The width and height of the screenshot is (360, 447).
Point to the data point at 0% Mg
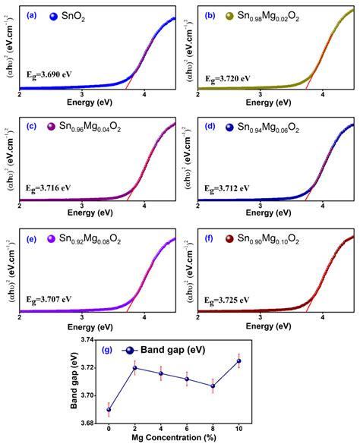pyautogui.click(x=109, y=410)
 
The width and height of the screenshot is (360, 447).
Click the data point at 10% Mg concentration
pyautogui.click(x=239, y=360)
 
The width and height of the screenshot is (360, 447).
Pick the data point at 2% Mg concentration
pyautogui.click(x=135, y=368)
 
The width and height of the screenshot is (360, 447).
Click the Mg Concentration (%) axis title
pyautogui.click(x=175, y=441)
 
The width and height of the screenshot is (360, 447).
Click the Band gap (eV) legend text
pyautogui.click(x=188, y=350)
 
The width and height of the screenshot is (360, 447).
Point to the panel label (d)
pyautogui.click(x=209, y=127)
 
